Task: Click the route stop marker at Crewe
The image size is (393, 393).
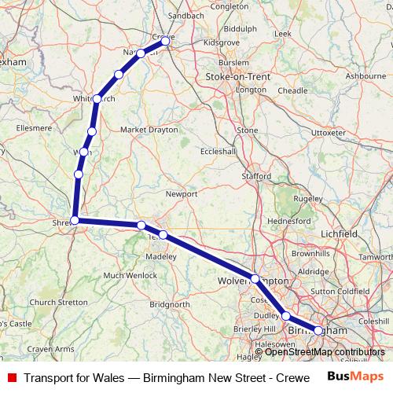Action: click(x=165, y=40)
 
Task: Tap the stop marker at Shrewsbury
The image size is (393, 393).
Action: click(x=75, y=220)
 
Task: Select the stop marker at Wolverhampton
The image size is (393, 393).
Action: click(x=255, y=278)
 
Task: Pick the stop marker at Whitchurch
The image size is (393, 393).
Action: click(x=97, y=99)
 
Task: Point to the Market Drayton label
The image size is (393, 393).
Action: click(x=149, y=129)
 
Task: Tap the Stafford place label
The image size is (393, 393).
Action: click(x=256, y=177)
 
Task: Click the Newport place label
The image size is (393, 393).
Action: click(x=181, y=193)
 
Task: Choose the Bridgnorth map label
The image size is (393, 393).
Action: click(x=170, y=304)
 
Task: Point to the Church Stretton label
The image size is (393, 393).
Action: click(x=58, y=302)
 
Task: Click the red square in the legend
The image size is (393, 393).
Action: click(x=11, y=377)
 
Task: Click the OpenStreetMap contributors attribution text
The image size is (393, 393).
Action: click(x=325, y=351)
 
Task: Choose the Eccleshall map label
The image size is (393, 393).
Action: click(x=219, y=151)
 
